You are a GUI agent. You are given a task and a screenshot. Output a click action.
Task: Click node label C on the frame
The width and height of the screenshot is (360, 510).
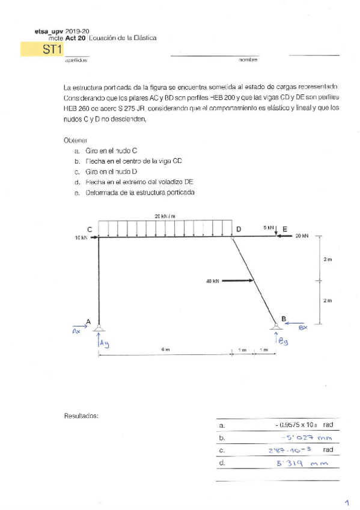tap(90, 229)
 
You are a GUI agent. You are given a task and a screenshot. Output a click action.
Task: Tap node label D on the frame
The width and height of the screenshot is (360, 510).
tap(239, 229)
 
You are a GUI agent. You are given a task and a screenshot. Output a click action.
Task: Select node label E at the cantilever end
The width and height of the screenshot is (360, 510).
tap(285, 229)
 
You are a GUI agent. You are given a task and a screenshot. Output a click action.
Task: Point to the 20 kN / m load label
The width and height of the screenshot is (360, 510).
tap(165, 216)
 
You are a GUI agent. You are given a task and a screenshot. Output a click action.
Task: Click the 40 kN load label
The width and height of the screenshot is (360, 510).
tap(212, 280)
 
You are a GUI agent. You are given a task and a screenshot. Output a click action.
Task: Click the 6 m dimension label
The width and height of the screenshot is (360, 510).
tap(165, 349)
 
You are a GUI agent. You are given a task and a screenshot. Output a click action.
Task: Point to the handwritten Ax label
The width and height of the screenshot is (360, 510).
tap(76, 331)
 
